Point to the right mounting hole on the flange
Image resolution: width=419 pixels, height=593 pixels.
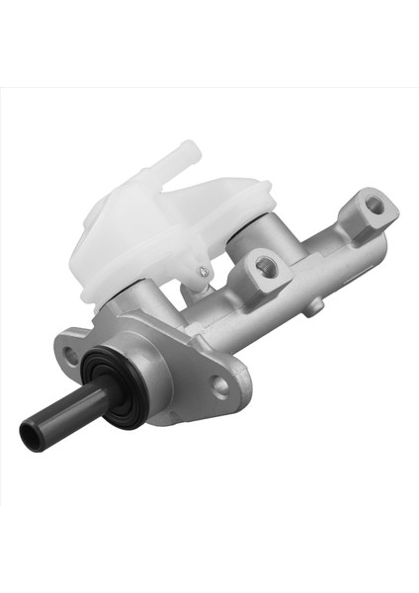pyautogui.click(x=219, y=382)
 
